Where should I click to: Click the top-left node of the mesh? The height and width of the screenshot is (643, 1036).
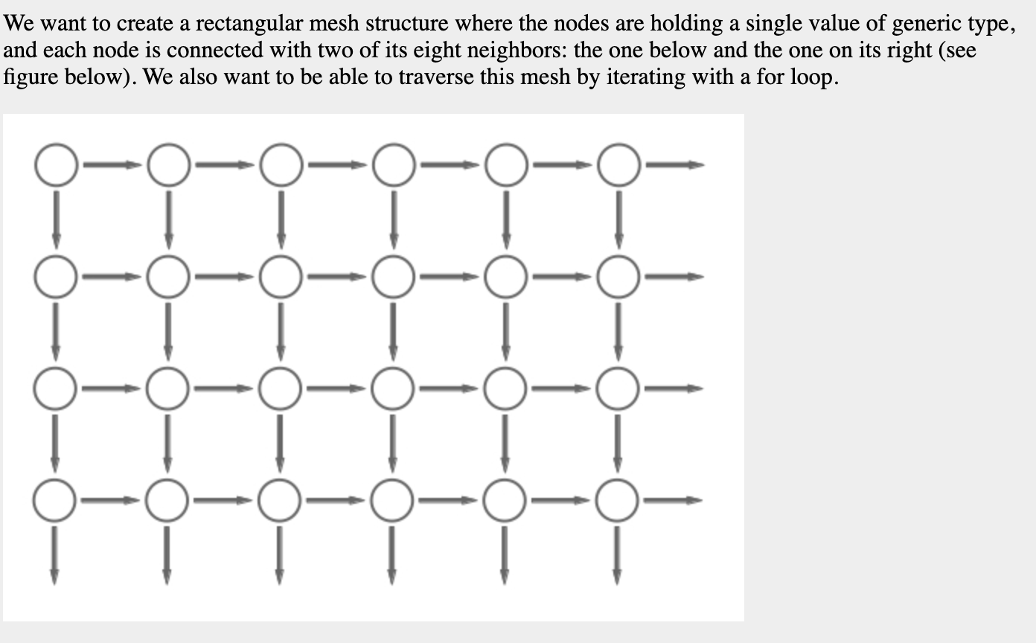coord(55,164)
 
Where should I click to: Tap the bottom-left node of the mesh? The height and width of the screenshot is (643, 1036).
coord(55,501)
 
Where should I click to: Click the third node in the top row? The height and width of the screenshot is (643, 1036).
coord(281,164)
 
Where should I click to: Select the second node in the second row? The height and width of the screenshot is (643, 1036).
coord(168,277)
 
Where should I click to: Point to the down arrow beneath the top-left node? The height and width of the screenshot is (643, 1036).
coord(56,219)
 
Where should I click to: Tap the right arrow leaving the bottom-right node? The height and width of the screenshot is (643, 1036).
coord(672,501)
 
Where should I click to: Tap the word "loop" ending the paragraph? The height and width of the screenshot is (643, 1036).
coord(813,77)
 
